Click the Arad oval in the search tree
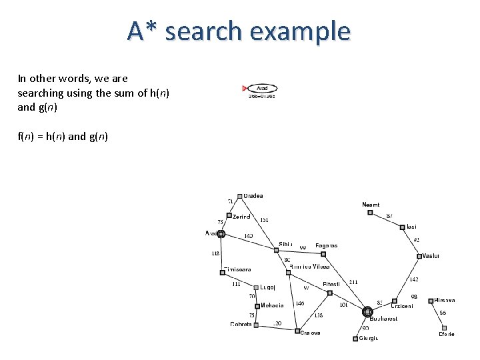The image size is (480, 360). point(262,88)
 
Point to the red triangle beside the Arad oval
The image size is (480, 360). point(245,88)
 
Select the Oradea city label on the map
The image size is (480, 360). point(253,196)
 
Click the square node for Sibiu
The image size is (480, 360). point(276,250)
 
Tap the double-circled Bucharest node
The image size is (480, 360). point(367,311)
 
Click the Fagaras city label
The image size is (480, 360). point(326,245)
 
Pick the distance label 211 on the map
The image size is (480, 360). point(353,282)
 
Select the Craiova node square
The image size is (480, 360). point(297,330)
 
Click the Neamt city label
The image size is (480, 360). point(371,205)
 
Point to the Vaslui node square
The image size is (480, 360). point(419,256)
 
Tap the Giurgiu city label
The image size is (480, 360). point(369,338)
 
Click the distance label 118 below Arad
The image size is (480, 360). point(215,253)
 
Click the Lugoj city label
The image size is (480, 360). point(268,287)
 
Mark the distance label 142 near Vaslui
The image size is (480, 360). point(413,279)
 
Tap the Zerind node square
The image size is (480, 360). point(229,215)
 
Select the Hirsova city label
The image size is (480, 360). point(445,301)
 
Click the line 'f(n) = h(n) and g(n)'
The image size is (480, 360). point(62,137)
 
